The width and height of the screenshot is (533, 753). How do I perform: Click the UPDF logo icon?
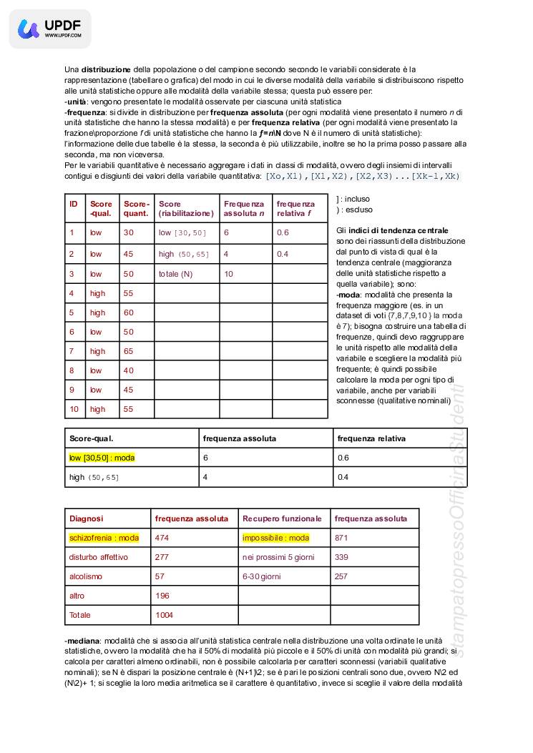point(29,29)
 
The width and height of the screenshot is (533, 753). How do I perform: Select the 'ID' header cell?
point(73,204)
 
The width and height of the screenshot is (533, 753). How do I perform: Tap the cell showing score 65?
point(129,351)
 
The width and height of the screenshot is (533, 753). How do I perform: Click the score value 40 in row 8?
point(129,370)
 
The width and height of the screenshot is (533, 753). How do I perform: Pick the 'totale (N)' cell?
point(176,274)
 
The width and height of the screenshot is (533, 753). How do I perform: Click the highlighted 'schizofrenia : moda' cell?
point(104,538)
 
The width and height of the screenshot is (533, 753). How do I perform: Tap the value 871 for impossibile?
point(341,538)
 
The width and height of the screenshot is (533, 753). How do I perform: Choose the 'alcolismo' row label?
point(86,576)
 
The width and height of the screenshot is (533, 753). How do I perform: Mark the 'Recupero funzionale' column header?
point(282,518)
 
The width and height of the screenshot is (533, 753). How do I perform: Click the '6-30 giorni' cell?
point(261,576)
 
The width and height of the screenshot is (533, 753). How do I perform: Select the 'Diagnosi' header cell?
point(87,518)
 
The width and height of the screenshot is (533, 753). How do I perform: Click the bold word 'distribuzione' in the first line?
point(106,69)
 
